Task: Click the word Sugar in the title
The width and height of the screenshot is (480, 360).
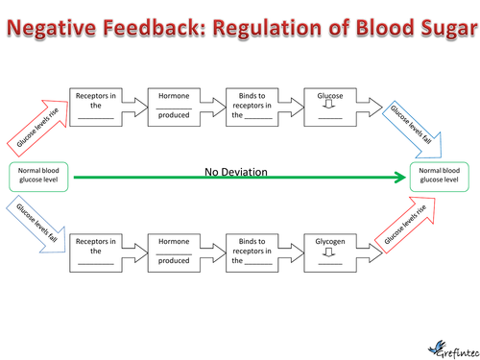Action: [x=449, y=28]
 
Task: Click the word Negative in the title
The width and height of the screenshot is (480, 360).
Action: [x=51, y=27]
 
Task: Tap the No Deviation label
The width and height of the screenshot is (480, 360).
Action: [x=236, y=172]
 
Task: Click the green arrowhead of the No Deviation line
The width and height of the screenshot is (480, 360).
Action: [x=400, y=178]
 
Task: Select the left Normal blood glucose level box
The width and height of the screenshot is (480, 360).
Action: [x=38, y=177]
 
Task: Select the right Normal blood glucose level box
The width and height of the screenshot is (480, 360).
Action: [x=440, y=177]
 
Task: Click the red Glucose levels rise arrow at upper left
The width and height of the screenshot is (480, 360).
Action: [x=38, y=128]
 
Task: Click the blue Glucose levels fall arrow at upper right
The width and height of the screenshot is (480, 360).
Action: [x=413, y=130]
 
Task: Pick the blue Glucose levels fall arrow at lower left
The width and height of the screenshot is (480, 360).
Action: [x=36, y=224]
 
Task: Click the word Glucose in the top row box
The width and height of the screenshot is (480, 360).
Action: [x=330, y=96]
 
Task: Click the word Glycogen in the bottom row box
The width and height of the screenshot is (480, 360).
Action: [x=330, y=241]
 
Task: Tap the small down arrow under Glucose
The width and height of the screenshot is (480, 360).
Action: [x=328, y=104]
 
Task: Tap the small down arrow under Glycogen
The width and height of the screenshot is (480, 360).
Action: [x=328, y=252]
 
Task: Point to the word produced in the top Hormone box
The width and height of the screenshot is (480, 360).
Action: [x=174, y=115]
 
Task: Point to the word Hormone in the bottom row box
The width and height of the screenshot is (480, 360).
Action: [x=174, y=241]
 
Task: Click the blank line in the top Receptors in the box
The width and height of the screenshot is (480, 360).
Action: [x=96, y=118]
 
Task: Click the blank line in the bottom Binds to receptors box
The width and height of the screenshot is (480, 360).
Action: [x=258, y=264]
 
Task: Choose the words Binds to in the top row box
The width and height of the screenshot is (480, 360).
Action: [x=252, y=96]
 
